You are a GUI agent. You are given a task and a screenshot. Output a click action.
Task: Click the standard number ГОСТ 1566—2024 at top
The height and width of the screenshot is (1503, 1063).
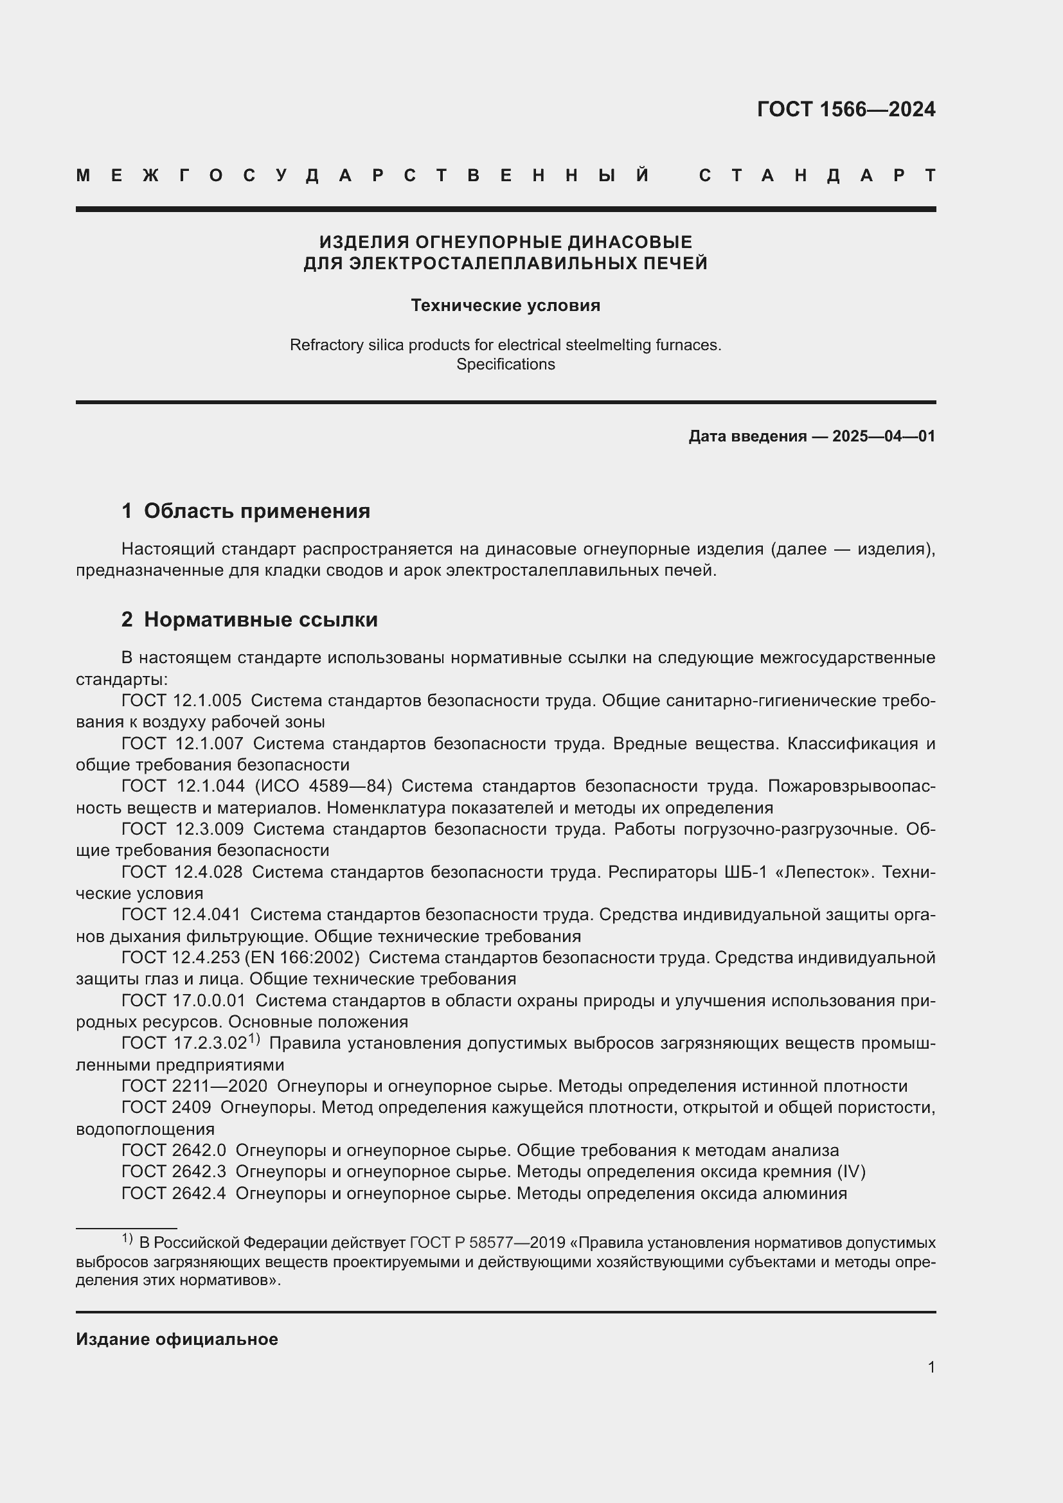[846, 109]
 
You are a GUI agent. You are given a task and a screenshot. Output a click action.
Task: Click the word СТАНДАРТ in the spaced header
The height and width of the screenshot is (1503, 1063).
[817, 175]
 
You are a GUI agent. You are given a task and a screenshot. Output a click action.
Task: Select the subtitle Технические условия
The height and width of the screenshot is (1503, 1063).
[505, 306]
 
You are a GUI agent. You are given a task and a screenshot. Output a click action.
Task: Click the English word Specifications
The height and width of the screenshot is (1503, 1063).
[505, 364]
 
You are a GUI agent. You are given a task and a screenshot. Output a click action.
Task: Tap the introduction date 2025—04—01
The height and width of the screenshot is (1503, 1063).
[884, 436]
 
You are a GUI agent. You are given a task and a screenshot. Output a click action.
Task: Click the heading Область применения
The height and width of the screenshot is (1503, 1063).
[256, 511]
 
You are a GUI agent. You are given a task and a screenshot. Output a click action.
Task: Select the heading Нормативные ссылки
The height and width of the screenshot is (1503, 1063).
[260, 619]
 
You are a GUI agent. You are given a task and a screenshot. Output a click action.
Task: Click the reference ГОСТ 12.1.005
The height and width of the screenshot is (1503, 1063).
[181, 700]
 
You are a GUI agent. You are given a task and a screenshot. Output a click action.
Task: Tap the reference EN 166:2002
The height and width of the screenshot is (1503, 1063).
[302, 957]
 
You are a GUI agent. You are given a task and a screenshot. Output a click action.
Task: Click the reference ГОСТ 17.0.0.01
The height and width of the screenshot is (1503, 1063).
[183, 1001]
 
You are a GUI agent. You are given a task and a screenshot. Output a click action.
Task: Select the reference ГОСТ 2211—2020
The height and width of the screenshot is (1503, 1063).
[194, 1086]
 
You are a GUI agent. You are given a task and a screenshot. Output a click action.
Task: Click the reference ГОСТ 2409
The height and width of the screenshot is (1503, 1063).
[166, 1108]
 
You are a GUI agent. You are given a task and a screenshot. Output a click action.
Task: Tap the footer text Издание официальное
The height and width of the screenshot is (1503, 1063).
[177, 1339]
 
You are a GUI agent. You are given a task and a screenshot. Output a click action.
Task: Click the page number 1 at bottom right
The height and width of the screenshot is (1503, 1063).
[931, 1367]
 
